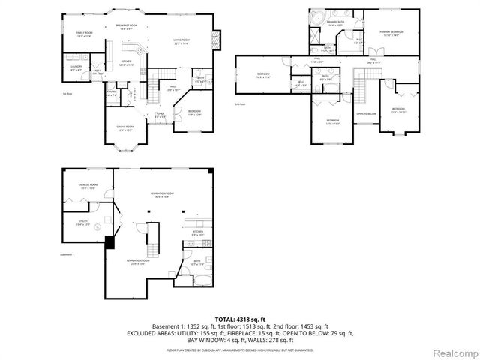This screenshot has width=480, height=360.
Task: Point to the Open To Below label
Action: coord(365,115)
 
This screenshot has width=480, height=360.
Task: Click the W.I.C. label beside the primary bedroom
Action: coord(358,40)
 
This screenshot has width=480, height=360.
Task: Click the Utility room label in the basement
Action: coord(83,223)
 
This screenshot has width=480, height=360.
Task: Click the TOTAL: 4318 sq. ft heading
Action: coord(240,319)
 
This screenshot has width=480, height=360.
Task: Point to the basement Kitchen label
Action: coord(197,232)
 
